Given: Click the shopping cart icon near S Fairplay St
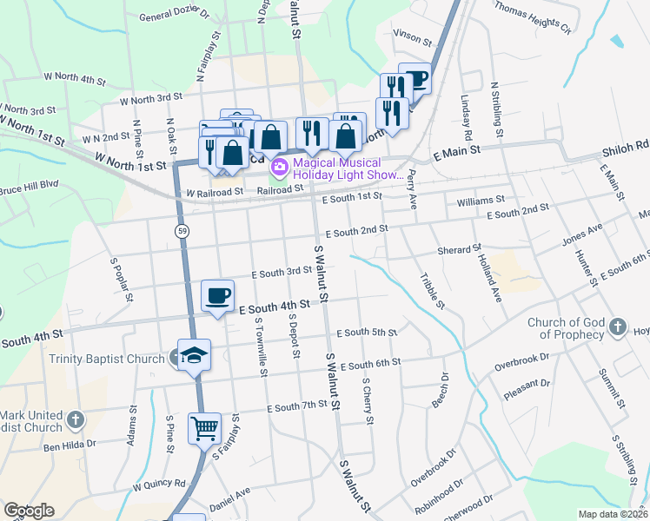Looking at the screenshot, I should tap(204, 427).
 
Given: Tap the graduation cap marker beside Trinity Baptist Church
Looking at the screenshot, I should tap(195, 353).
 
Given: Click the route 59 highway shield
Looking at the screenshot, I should tap(181, 231).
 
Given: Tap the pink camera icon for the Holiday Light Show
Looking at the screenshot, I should tap(280, 165).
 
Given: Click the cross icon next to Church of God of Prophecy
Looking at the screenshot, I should tap(617, 327).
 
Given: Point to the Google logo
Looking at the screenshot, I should tap(28, 511).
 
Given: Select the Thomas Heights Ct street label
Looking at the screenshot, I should tap(533, 17).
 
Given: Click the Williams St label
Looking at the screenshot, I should tap(481, 200).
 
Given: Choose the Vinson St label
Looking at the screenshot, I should tap(412, 39).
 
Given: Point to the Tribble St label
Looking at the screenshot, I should tap(432, 292).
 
